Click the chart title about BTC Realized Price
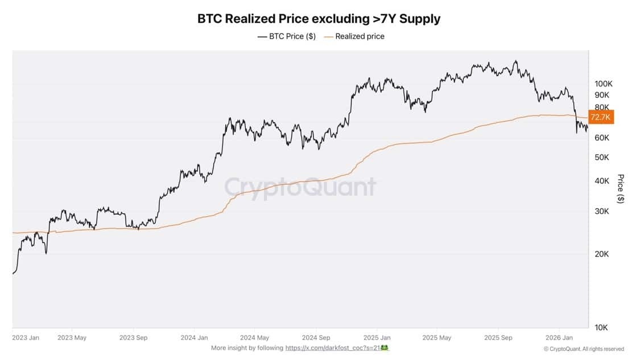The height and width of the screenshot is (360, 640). [x=319, y=18]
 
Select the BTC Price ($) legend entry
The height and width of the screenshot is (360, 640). [x=286, y=36]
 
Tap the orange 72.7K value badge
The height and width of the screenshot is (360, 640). [x=601, y=117]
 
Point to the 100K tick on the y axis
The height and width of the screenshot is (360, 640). [x=603, y=84]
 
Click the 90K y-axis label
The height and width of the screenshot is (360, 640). [x=602, y=95]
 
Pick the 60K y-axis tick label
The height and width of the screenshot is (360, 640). [x=602, y=138]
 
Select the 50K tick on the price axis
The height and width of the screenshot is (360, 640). [x=602, y=157]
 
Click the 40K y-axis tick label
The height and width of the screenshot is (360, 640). [x=602, y=181]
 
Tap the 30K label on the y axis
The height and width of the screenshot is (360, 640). [x=602, y=211]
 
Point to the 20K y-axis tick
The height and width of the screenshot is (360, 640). [x=602, y=254]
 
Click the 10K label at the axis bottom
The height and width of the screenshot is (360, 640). [x=602, y=328]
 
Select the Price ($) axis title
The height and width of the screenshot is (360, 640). [x=621, y=189]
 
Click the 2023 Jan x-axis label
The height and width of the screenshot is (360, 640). [x=26, y=337]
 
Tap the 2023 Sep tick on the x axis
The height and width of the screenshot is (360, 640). [x=134, y=337]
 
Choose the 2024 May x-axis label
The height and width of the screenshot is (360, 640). [x=255, y=337]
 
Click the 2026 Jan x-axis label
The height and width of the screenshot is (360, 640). [x=559, y=337]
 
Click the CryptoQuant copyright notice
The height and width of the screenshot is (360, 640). [x=584, y=349]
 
